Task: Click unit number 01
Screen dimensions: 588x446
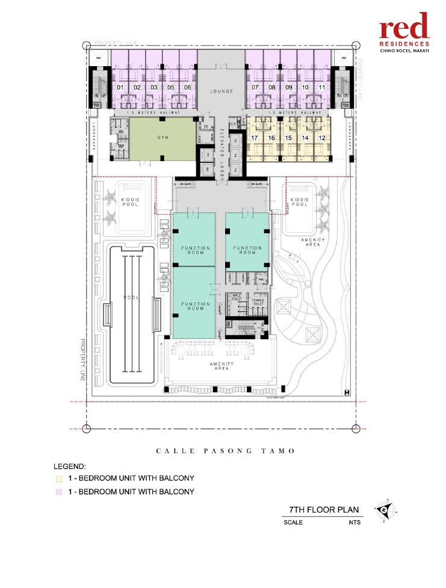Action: (x=120, y=88)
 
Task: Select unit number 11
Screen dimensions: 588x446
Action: (x=322, y=88)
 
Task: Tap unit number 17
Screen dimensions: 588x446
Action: (x=255, y=138)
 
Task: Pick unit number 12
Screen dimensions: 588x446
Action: (x=322, y=138)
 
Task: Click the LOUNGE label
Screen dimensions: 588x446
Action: (x=221, y=92)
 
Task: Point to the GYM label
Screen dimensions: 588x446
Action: (x=163, y=138)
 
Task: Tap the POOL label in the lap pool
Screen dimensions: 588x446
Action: (x=134, y=298)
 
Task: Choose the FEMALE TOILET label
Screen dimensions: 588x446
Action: (x=258, y=303)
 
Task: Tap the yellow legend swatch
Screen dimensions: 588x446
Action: (x=58, y=479)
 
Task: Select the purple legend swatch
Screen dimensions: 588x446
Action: (x=58, y=492)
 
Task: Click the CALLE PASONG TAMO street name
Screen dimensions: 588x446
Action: (x=226, y=450)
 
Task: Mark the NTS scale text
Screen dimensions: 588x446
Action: (x=355, y=522)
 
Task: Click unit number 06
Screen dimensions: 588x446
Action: (x=188, y=88)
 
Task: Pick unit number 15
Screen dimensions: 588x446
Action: (x=288, y=138)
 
